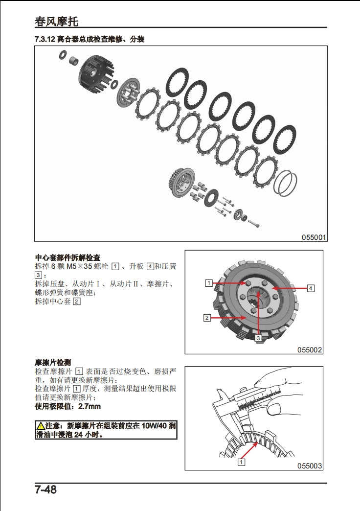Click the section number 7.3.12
45,39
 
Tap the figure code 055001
314,237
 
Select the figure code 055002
310,349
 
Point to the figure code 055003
310,466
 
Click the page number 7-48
45,489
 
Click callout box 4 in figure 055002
311,288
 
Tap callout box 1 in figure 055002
209,283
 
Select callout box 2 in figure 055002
207,318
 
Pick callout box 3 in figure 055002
257,337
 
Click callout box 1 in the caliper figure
241,462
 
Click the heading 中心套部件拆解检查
67,257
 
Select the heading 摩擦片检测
53,363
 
